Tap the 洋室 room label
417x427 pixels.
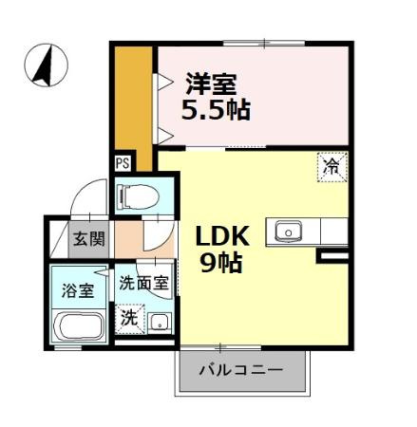point(211,83)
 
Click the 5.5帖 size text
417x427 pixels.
point(217,110)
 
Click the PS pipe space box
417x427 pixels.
point(123,162)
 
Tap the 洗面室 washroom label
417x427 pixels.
point(143,283)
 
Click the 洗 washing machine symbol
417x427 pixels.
point(128,318)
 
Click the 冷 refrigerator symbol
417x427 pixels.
point(332,166)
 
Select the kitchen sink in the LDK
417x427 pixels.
point(288,231)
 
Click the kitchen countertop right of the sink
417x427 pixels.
point(334,231)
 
